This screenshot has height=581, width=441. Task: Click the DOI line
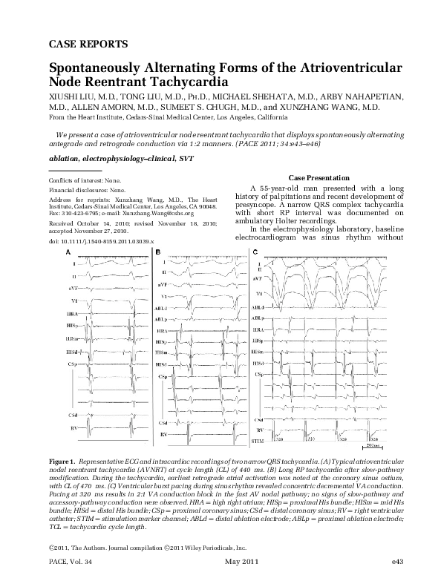tap(94, 242)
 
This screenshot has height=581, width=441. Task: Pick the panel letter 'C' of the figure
tap(256, 253)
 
